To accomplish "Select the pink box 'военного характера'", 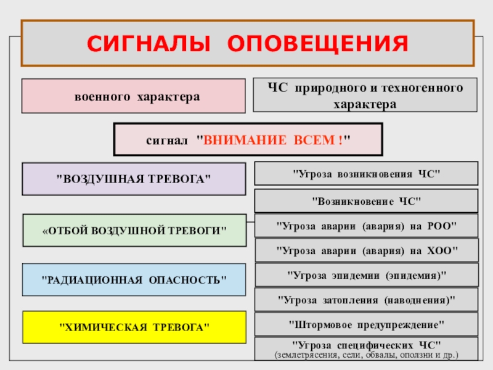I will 134,96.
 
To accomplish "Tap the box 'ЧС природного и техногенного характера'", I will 365,95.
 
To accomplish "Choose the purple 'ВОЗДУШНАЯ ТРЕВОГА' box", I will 134,179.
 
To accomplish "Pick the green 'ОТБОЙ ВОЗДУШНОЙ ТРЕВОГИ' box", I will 134,230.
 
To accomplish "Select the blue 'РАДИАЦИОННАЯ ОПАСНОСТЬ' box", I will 134,279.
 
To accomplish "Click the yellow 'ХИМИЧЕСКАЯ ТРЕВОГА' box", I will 134,327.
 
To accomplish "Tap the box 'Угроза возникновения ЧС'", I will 365,173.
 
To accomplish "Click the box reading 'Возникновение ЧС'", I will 365,200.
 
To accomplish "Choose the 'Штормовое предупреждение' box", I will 365,324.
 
